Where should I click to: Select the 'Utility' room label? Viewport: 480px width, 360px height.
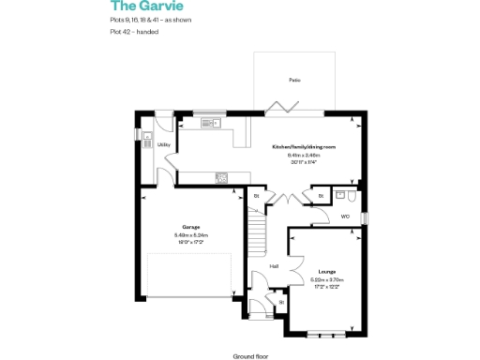[163, 144]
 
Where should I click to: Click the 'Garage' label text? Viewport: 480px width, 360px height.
[190, 228]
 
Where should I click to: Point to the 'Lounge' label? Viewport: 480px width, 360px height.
[327, 272]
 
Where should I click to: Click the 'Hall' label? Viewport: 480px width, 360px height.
[274, 266]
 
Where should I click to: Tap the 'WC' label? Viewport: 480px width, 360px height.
[345, 217]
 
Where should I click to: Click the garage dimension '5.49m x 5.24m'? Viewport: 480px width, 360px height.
[190, 234]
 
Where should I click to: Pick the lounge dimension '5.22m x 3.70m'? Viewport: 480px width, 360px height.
[327, 279]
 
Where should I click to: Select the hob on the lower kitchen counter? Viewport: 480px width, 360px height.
[221, 177]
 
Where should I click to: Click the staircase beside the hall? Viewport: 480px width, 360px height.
[257, 229]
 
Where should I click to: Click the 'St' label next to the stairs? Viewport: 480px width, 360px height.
[256, 196]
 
